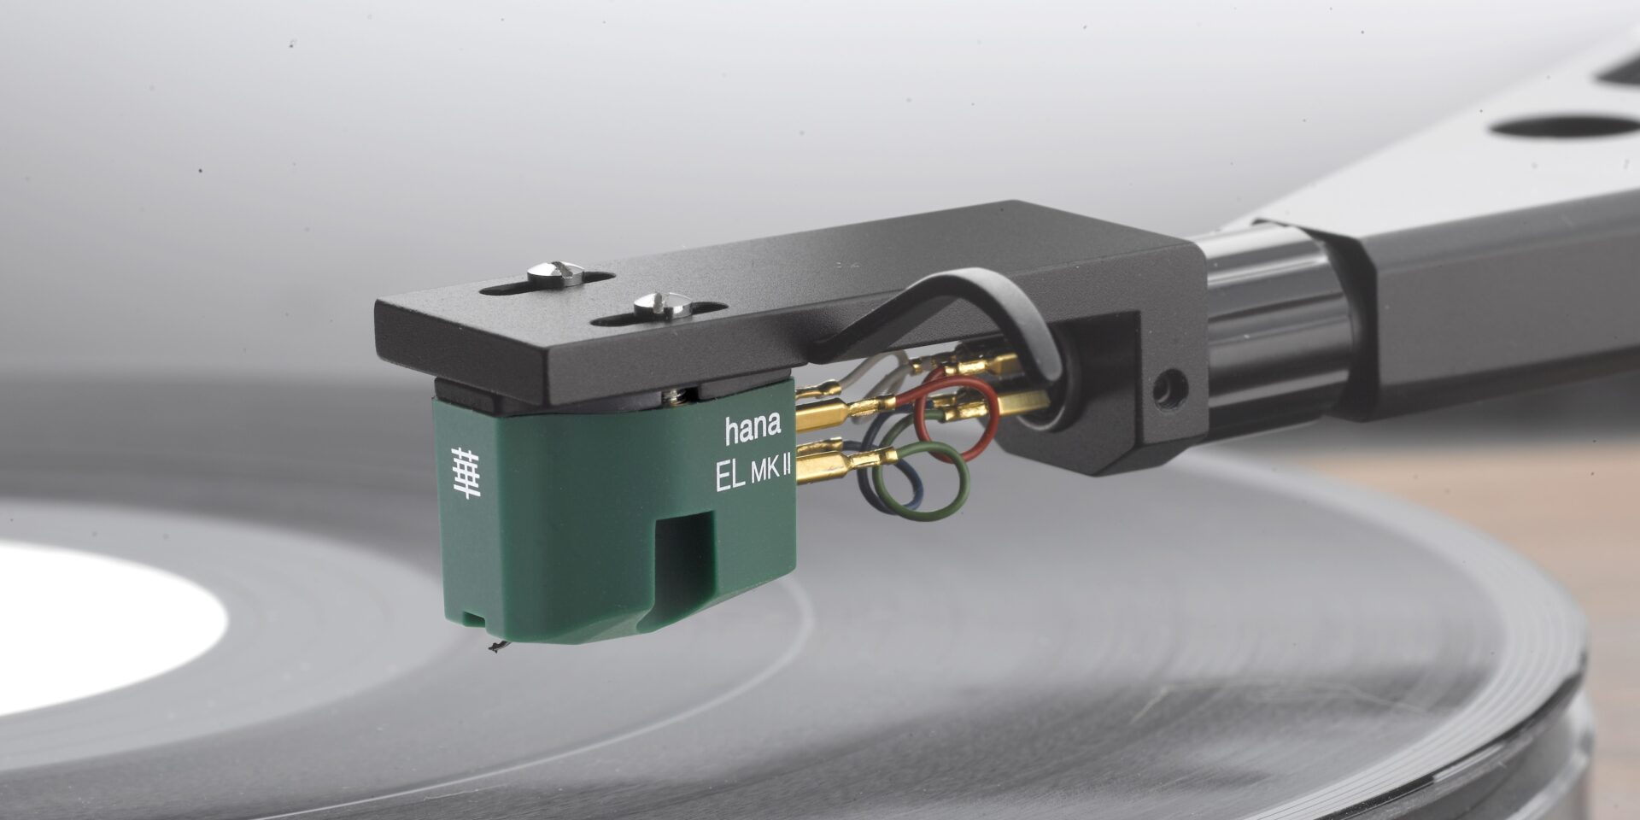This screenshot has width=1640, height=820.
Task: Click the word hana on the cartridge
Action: pyautogui.click(x=753, y=430)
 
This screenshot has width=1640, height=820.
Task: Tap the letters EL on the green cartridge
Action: pyautogui.click(x=730, y=478)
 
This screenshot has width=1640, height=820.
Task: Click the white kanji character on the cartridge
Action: pyautogui.click(x=466, y=472)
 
